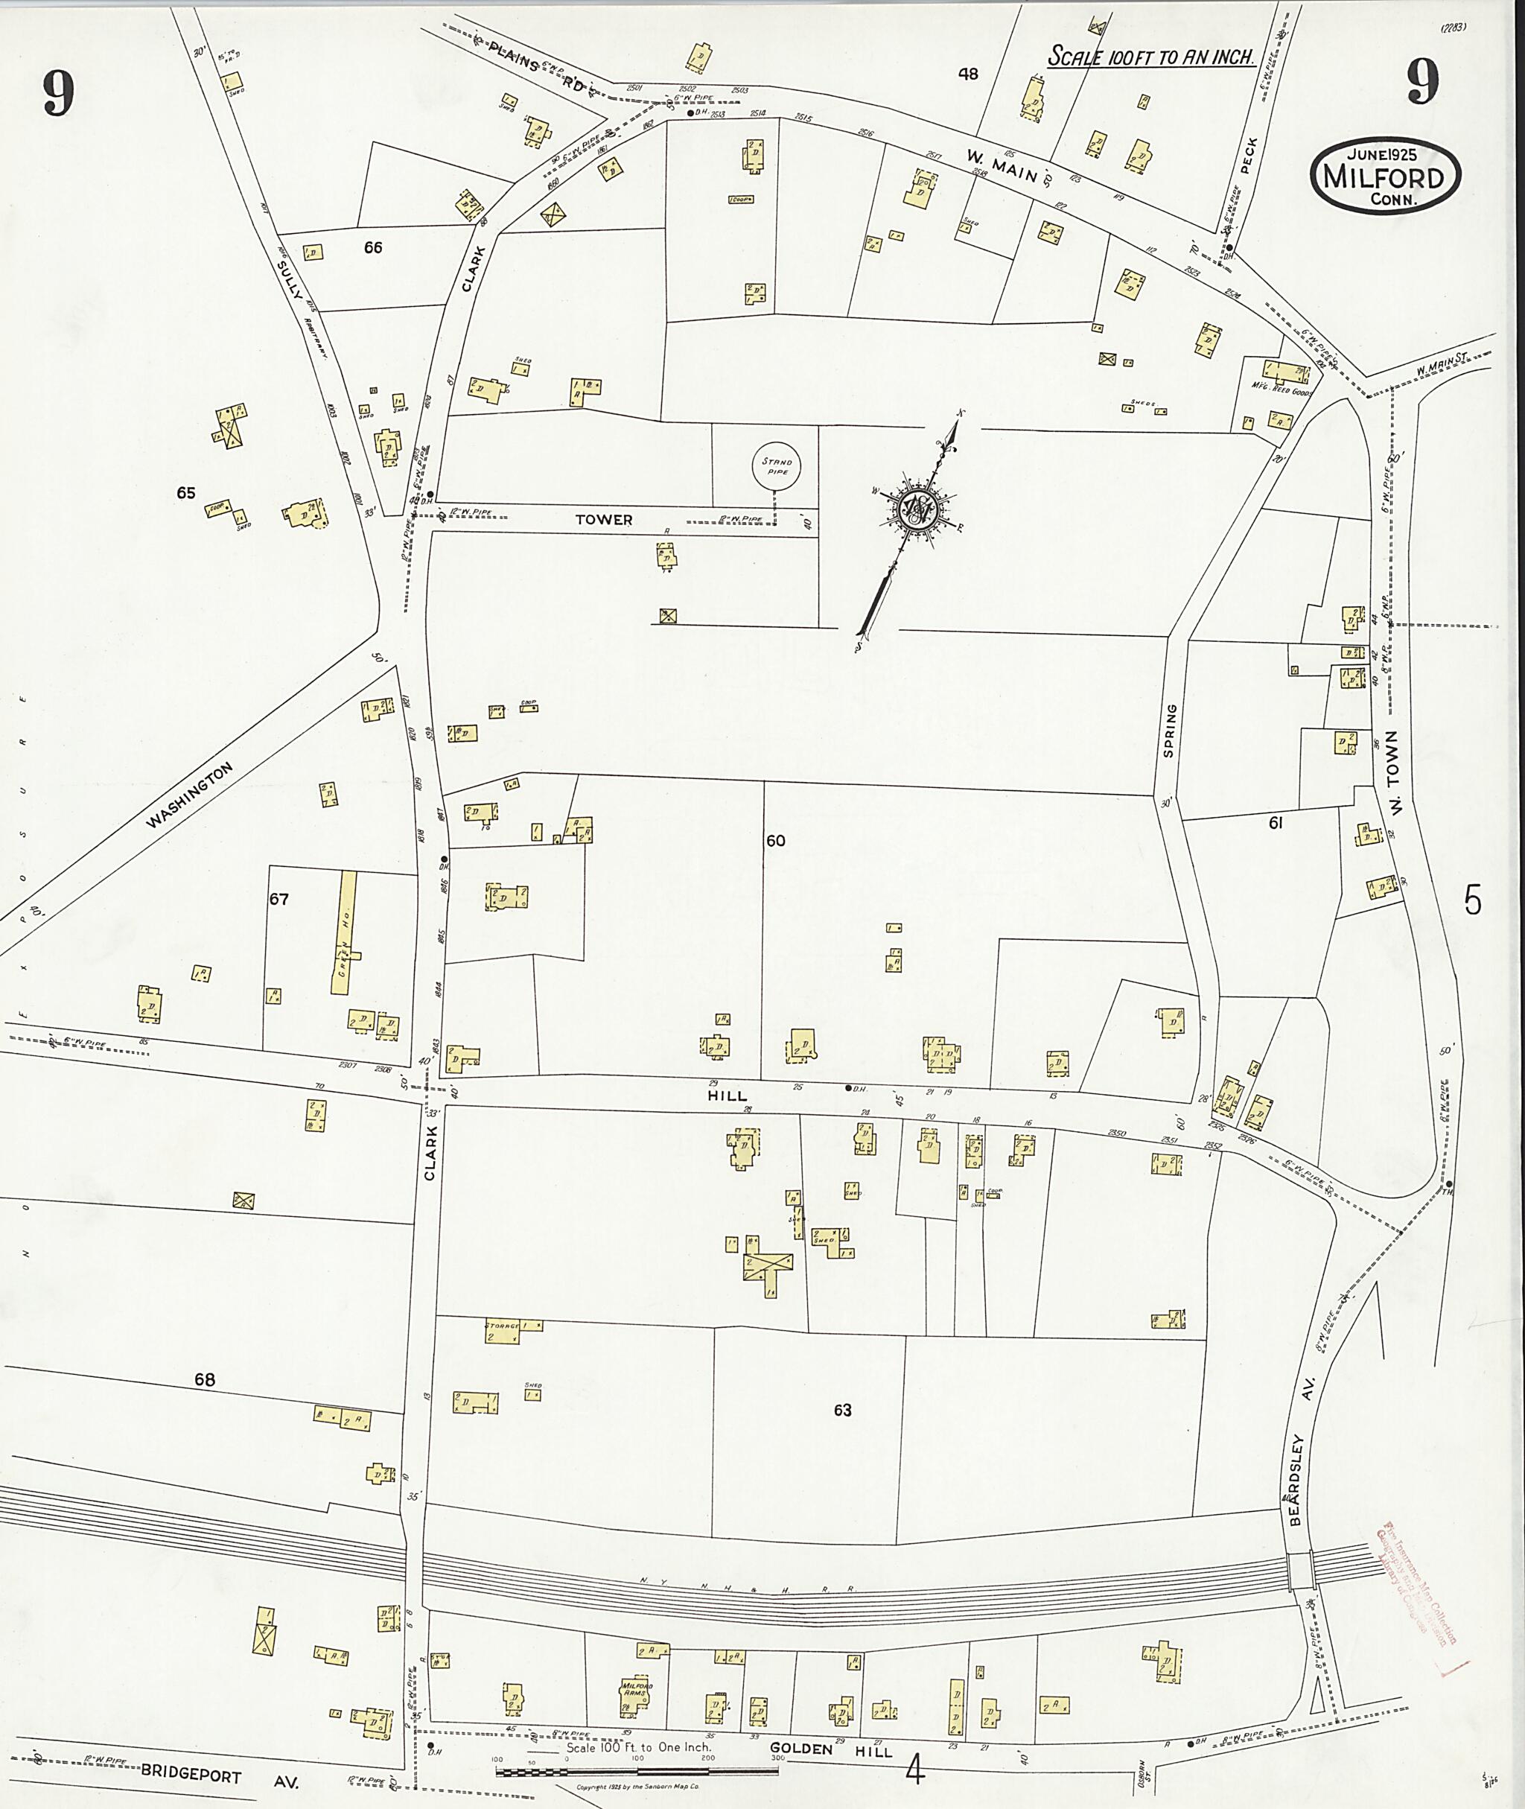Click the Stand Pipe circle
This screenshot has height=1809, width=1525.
tap(775, 466)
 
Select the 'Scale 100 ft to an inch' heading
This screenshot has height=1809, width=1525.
tap(1150, 57)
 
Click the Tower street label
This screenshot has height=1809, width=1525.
tap(605, 520)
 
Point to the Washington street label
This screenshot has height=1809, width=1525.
tap(188, 795)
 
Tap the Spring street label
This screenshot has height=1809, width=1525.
tap(1170, 731)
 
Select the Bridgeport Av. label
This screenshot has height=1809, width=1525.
tap(220, 1775)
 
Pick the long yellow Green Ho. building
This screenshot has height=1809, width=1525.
tap(346, 933)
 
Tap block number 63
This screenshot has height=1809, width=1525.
tap(842, 1411)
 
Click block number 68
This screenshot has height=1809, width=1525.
tap(204, 1380)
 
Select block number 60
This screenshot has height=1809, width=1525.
tap(775, 841)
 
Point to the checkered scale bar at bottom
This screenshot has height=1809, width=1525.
tap(637, 1772)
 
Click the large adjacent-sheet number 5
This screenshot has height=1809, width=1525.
tap(1472, 902)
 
